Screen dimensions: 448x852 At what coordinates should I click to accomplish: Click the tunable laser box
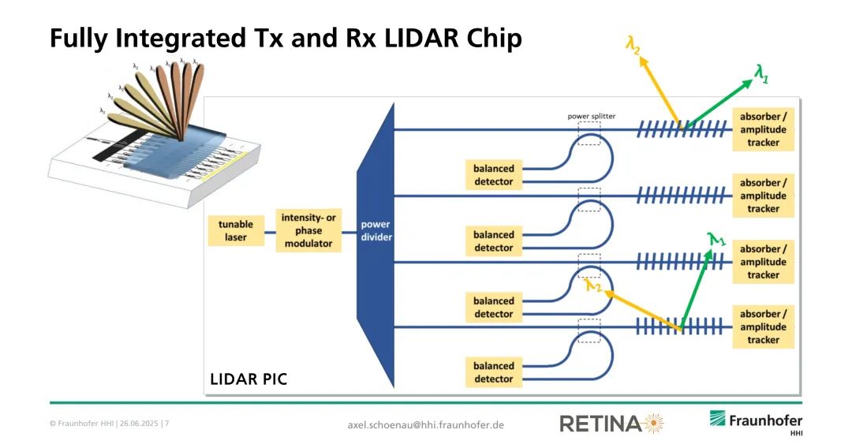pos(236,230)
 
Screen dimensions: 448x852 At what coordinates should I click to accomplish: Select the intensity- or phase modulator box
pos(309,230)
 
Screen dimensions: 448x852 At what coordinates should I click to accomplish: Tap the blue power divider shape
pos(376,237)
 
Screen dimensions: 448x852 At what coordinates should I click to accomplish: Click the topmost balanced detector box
pos(493,175)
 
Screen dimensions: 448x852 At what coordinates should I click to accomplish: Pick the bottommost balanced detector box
pos(493,372)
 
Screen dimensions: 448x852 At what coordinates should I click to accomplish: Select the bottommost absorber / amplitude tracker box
pos(763,327)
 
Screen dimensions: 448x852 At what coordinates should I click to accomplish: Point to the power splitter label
pos(591,116)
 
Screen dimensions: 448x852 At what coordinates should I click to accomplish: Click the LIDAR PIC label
pos(248,379)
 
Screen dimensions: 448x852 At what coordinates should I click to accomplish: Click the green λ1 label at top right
pos(761,74)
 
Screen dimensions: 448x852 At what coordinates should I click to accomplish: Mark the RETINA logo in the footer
pos(611,424)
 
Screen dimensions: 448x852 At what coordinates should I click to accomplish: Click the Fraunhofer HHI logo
pos(755,421)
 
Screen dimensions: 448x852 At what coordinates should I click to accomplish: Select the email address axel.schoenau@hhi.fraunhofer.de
pos(425,425)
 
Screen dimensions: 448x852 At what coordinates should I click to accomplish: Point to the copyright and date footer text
pos(109,424)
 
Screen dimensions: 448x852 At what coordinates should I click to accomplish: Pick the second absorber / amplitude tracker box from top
pos(763,196)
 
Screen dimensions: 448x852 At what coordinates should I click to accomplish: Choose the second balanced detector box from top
pos(493,241)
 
